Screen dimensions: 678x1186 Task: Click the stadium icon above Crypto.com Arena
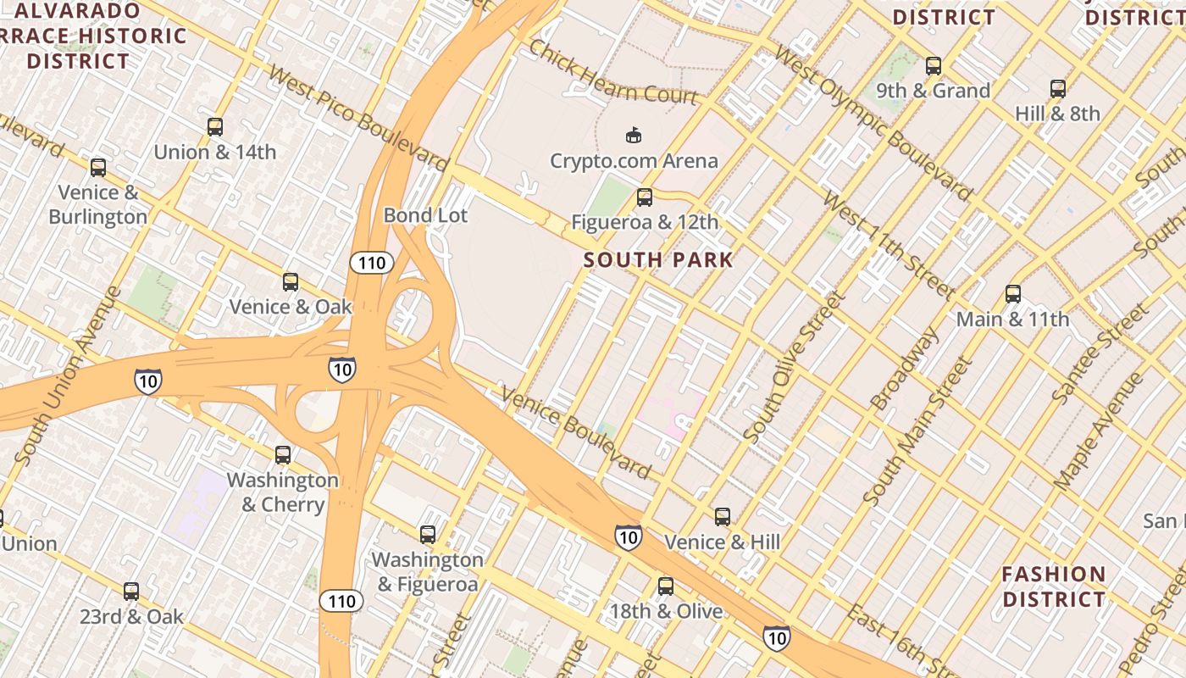tap(633, 135)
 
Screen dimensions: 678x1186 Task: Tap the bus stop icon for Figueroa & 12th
tap(645, 197)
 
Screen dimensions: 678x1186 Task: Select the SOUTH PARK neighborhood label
tap(658, 259)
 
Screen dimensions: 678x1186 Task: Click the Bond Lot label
tap(425, 215)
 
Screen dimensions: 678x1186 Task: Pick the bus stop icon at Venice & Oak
tap(291, 282)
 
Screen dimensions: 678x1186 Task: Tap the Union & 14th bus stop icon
tap(215, 127)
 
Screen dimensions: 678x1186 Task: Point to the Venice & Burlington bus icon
tap(98, 168)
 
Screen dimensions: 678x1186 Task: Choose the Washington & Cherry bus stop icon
tap(283, 455)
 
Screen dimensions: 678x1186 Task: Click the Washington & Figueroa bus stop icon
tap(428, 535)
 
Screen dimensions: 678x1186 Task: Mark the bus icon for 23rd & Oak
tap(131, 592)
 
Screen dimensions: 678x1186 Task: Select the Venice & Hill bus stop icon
tap(723, 517)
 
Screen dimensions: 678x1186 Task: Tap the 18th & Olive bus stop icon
tap(666, 586)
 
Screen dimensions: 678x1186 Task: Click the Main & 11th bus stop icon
tap(1013, 295)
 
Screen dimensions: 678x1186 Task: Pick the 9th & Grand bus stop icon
tap(934, 66)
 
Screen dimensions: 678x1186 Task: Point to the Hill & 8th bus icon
tap(1058, 89)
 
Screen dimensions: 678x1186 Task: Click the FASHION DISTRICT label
tap(1054, 586)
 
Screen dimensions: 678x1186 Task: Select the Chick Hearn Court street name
tap(613, 71)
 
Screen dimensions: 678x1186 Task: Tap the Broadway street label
tap(905, 369)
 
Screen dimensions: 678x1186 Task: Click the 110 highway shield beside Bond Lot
tap(371, 263)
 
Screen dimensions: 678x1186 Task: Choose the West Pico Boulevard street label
tap(357, 116)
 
